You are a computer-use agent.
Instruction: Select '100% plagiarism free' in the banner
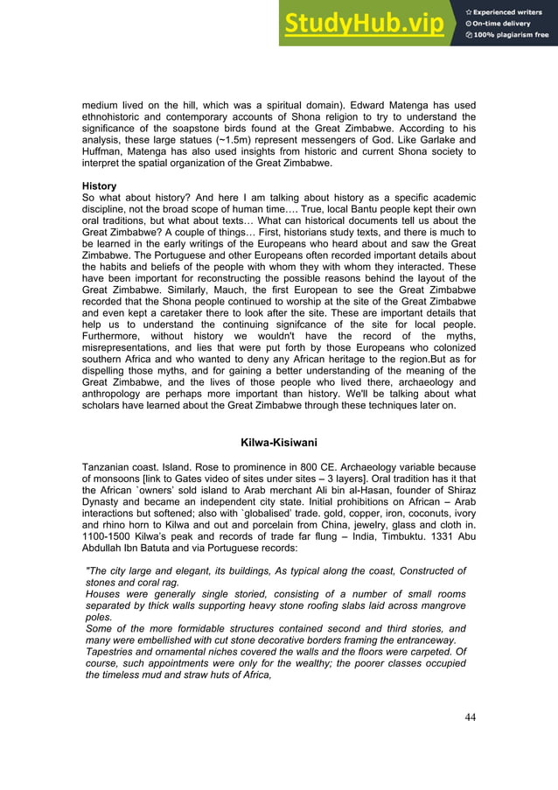coord(511,35)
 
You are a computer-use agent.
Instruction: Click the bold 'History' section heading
coord(99,186)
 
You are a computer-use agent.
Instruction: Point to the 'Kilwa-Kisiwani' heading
coord(278,441)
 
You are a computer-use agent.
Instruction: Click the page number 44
coord(470,717)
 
